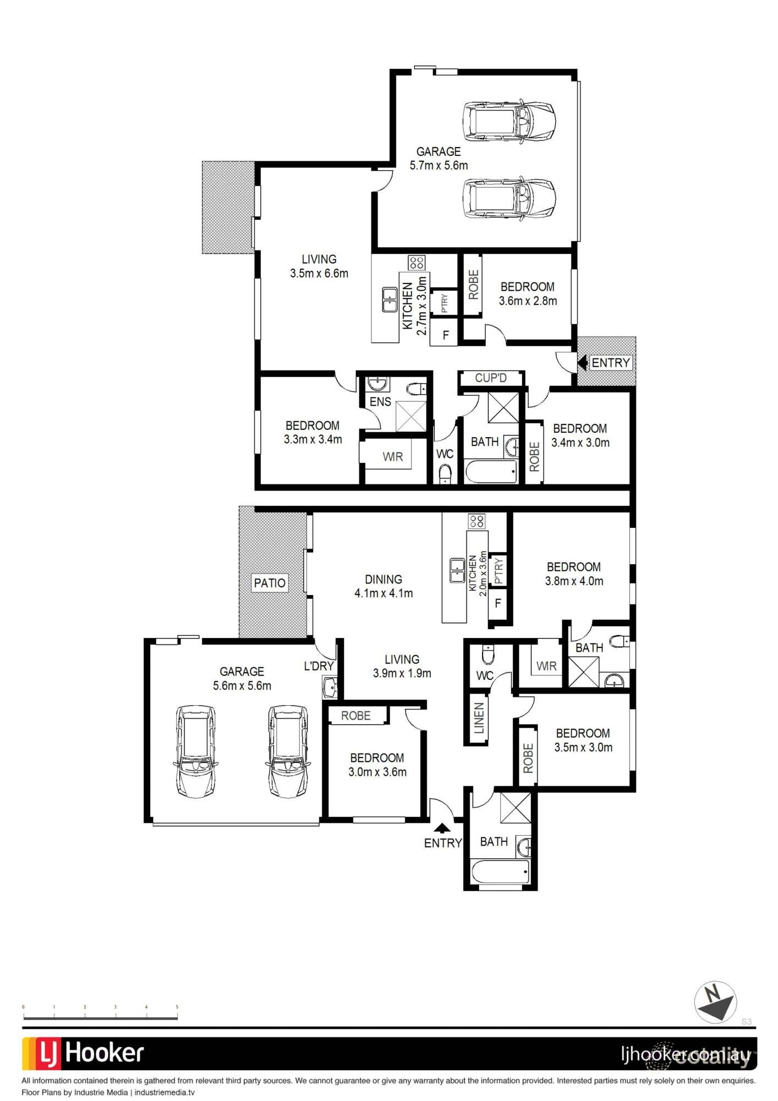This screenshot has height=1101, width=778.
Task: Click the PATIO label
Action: (x=270, y=583)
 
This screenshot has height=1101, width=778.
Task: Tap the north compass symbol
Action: (x=715, y=1002)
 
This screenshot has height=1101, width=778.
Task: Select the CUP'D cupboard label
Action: (x=490, y=378)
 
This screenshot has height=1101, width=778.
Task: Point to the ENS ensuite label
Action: (x=380, y=402)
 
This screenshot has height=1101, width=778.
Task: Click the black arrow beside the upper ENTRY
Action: (x=582, y=363)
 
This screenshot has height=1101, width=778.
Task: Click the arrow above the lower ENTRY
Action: (x=442, y=827)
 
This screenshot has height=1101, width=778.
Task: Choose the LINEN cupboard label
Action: (x=479, y=718)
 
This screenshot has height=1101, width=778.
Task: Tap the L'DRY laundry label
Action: (x=319, y=666)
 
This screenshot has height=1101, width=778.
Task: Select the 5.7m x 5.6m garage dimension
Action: (x=439, y=165)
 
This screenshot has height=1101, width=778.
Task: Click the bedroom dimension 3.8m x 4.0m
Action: (x=574, y=581)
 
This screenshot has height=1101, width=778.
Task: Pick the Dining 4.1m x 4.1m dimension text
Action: (x=383, y=593)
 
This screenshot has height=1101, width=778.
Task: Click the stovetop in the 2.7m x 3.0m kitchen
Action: (x=417, y=263)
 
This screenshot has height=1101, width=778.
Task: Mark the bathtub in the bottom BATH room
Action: (x=500, y=872)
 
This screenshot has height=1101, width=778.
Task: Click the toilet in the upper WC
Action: (x=445, y=473)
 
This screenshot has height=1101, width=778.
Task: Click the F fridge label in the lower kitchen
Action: (x=497, y=603)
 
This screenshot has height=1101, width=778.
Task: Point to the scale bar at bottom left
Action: (x=100, y=1017)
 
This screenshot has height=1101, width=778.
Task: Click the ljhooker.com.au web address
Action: (x=685, y=1055)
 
